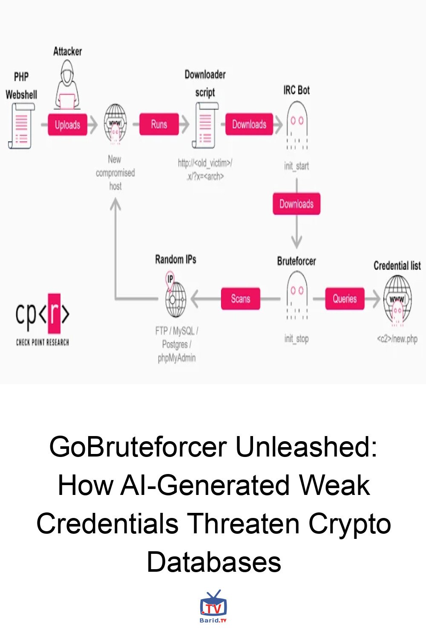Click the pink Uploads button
click(67, 125)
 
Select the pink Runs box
click(159, 124)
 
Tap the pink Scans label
click(240, 299)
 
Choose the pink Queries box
click(345, 299)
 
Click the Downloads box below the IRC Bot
click(296, 204)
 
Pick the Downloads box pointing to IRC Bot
click(249, 124)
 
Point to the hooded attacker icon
click(67, 85)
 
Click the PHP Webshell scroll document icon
click(21, 126)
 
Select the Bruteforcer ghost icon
click(297, 296)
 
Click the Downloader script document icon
click(205, 125)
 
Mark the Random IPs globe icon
click(175, 296)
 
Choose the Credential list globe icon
click(397, 299)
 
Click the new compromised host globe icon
click(115, 125)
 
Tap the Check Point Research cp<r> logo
click(42, 318)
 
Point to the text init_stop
click(296, 339)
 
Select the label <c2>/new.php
click(397, 339)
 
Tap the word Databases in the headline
click(214, 561)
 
